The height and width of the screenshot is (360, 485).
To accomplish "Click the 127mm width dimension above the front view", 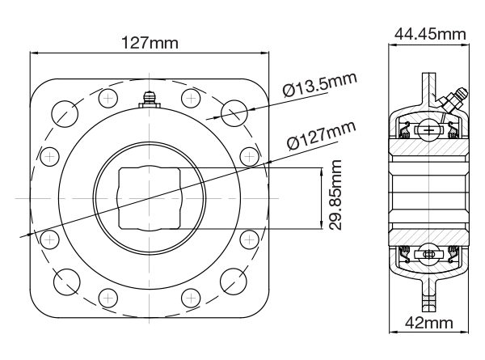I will [150, 41].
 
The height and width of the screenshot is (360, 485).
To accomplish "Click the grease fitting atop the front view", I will [150, 98].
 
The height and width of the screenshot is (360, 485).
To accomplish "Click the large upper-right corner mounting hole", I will [233, 112].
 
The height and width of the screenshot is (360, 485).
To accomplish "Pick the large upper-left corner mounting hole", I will [66, 112].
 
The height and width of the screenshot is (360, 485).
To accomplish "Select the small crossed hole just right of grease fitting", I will [191, 99].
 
